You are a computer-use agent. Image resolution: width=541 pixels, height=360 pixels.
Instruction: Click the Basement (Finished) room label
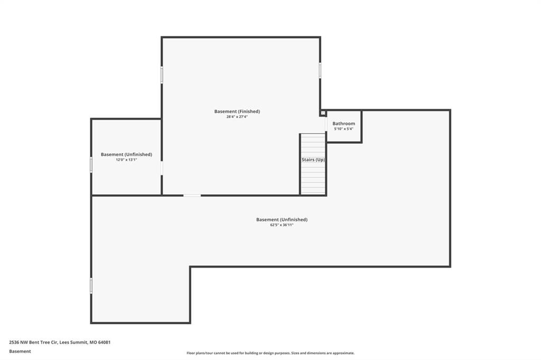point(237,111)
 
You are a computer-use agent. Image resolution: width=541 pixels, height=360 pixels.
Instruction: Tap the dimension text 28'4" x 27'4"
point(237,117)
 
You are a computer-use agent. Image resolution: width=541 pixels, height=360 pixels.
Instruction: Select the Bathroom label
point(343,124)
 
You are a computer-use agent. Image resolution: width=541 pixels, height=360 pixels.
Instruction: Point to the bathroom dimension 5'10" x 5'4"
point(343,129)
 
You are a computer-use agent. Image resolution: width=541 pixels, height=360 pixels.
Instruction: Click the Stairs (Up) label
point(313,159)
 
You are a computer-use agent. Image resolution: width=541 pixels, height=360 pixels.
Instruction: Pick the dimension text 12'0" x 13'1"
point(126,160)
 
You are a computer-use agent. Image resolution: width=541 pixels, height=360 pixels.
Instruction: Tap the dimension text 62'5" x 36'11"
point(282,225)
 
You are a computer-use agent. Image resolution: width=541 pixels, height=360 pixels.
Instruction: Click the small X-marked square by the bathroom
point(323,113)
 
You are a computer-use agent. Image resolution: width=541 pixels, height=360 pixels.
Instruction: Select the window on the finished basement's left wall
point(162,75)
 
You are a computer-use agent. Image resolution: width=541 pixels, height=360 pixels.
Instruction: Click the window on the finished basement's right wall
point(320,70)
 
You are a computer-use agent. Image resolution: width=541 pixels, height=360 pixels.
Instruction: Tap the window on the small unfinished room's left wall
point(91,165)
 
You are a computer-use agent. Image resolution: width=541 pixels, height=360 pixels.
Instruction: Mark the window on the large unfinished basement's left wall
point(91,286)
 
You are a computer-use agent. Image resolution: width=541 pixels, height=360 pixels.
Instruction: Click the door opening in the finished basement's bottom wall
point(192,195)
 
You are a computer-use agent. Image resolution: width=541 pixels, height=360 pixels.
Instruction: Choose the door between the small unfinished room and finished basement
point(162,168)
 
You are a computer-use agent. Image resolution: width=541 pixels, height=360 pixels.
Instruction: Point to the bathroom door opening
point(326,124)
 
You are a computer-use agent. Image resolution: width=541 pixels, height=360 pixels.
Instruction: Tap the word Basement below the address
point(20,352)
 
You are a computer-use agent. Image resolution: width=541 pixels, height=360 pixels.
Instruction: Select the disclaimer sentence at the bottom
point(270,353)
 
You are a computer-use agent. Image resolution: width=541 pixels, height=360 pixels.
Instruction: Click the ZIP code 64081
point(104,343)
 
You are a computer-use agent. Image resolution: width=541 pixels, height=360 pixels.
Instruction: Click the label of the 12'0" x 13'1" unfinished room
point(126,155)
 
